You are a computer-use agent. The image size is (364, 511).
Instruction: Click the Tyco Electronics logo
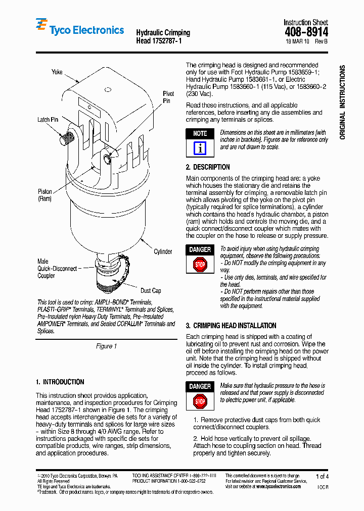coord(79,29)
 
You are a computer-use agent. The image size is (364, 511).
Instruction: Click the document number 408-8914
coord(306,32)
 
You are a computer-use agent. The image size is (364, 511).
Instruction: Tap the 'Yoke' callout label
coord(57,72)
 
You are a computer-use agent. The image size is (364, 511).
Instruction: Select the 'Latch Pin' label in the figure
coord(48,120)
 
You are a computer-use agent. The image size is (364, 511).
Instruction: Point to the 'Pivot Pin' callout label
coord(168,97)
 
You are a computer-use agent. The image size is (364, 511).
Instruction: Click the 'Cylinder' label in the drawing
coord(163,251)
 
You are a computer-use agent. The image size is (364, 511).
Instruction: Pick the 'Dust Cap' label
coord(151,290)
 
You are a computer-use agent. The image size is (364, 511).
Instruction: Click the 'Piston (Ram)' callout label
coord(45,195)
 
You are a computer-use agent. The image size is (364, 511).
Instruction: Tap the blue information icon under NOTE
coord(200,148)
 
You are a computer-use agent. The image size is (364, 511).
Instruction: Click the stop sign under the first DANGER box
coord(200,264)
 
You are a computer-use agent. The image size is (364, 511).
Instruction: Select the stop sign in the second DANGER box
coord(200,401)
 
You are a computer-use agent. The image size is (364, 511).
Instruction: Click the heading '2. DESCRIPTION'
coord(208,167)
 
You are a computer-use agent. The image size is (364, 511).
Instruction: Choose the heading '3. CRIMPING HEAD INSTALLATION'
coord(231,326)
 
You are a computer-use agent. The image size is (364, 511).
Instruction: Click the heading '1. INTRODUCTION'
coord(60,382)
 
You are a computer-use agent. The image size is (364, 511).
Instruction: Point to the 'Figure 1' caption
coord(106,346)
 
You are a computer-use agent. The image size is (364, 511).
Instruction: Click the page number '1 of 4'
coord(322,476)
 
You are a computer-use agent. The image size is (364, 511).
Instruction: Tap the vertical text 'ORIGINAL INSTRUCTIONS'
coord(342,102)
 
